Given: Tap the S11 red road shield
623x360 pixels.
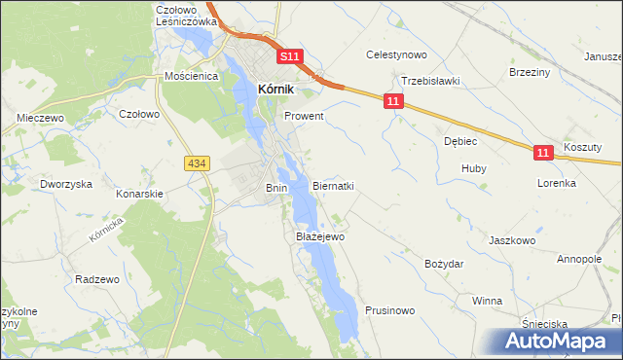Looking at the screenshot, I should pos(290,57).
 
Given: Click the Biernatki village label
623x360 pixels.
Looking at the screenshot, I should pos(333,186).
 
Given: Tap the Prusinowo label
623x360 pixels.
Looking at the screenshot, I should pos(390,310).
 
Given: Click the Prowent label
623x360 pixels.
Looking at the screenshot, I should pos(304,116).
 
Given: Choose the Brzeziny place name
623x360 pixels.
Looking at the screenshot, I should pos(531,72).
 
